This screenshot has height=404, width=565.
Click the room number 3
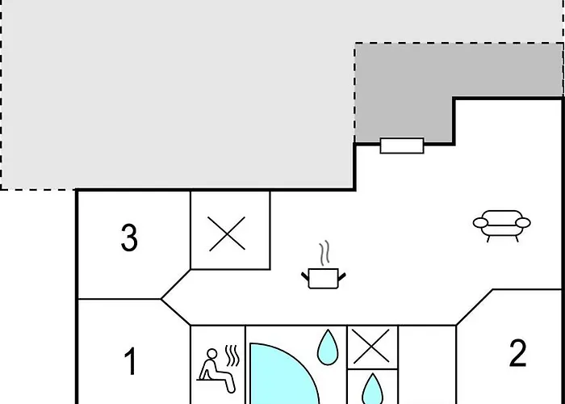[129, 238]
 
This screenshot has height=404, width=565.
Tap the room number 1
[131, 361]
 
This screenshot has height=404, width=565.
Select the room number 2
[518, 354]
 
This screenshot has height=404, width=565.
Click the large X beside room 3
[227, 234]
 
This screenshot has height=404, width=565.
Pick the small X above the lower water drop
[371, 347]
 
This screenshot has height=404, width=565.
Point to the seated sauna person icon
[217, 369]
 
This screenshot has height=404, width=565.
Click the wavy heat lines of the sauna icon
[232, 356]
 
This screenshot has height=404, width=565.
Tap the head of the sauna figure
[212, 354]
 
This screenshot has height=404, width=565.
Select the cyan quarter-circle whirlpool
[281, 375]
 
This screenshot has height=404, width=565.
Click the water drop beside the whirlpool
[328, 349]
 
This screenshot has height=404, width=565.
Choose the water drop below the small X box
[372, 390]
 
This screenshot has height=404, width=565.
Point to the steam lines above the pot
[324, 252]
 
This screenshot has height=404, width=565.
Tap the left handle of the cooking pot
[305, 276]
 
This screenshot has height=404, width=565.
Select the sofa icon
[501, 225]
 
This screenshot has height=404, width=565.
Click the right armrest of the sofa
[523, 223]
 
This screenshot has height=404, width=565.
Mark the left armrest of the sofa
[480, 223]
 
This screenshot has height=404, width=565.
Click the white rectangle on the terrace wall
[402, 145]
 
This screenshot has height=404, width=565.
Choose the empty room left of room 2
[427, 364]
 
